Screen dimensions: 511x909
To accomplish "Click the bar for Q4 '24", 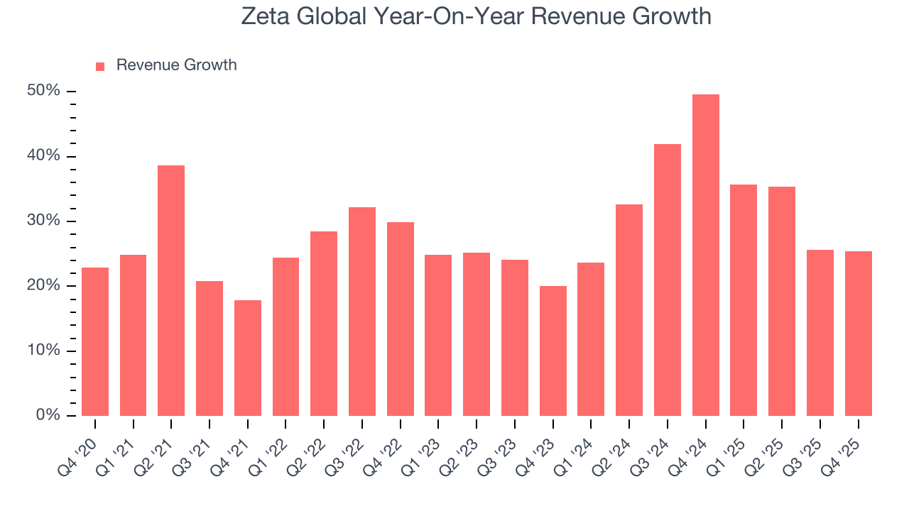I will (x=705, y=255).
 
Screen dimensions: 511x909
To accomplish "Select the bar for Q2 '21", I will (x=171, y=291).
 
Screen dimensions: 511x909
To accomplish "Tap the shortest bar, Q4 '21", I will (x=248, y=358).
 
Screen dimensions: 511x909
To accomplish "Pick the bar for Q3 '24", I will (x=668, y=280).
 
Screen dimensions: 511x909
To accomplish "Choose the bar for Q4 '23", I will (x=553, y=351).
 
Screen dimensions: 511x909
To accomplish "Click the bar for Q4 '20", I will (x=95, y=342).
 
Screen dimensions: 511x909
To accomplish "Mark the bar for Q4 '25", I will (x=858, y=334).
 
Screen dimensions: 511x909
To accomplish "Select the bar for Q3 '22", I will (x=362, y=312).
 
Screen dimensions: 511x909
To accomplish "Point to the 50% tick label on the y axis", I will (x=43, y=92).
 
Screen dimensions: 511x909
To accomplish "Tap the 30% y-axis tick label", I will (x=43, y=221).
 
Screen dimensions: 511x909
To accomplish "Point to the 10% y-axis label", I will (x=43, y=351).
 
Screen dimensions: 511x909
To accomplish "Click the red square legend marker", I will (x=100, y=66).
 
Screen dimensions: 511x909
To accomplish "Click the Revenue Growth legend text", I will (x=176, y=65).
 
